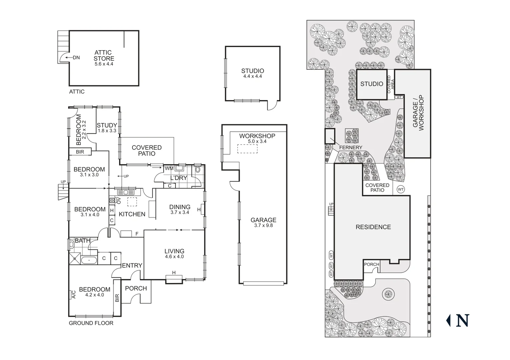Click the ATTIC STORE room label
tap(104, 55)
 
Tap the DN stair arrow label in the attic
tap(76, 58)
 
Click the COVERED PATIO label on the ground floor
tap(146, 150)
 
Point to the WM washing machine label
tap(169, 169)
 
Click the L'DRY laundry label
tap(179, 178)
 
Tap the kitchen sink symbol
tap(125, 192)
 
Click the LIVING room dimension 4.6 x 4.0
tap(174, 257)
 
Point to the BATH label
tap(82, 241)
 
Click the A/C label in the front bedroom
tap(73, 294)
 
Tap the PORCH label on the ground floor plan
tap(136, 288)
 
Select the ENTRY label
tap(132, 266)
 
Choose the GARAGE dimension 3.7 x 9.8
tap(263, 225)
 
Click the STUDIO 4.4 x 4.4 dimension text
tap(252, 76)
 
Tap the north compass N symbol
tap(462, 320)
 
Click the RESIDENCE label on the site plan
tap(373, 227)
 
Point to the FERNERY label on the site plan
tap(351, 147)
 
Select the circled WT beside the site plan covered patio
tap(401, 189)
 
